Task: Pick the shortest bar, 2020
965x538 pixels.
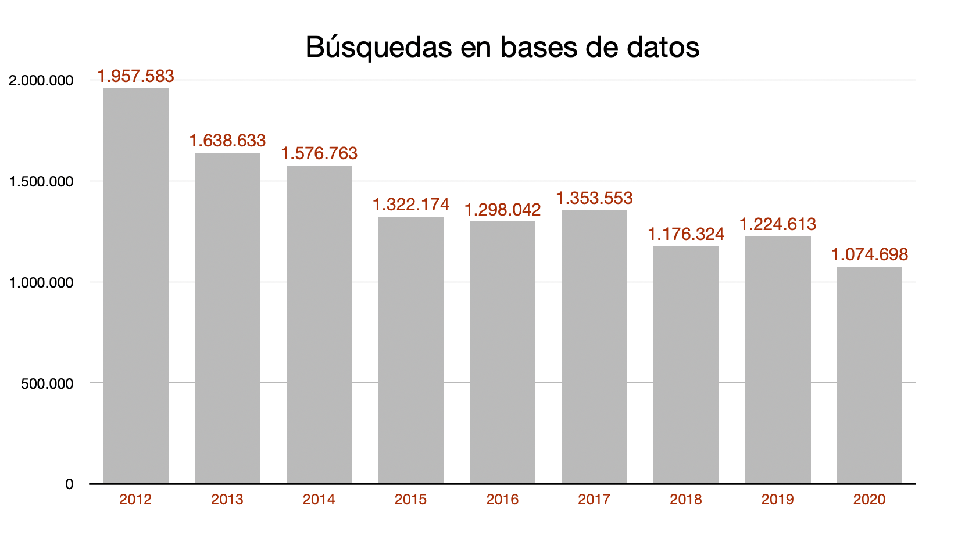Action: pyautogui.click(x=869, y=375)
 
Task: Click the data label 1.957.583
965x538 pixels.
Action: pyautogui.click(x=135, y=76)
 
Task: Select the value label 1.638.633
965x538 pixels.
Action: pyautogui.click(x=227, y=141)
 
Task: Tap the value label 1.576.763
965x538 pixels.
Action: pyautogui.click(x=319, y=153)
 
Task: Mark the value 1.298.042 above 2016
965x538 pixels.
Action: pyautogui.click(x=502, y=210)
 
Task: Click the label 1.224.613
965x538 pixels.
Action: pyautogui.click(x=777, y=224)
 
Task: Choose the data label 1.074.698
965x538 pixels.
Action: pyautogui.click(x=869, y=254)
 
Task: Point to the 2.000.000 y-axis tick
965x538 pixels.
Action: pyautogui.click(x=41, y=81)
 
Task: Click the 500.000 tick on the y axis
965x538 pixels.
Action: pyautogui.click(x=48, y=383)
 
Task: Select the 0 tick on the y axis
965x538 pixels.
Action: pyautogui.click(x=69, y=485)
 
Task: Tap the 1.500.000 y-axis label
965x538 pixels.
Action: pyautogui.click(x=41, y=182)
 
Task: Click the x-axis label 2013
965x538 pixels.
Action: pyautogui.click(x=227, y=500)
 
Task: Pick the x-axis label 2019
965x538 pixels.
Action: pyautogui.click(x=777, y=500)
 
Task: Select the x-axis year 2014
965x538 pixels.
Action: pyautogui.click(x=319, y=500)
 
